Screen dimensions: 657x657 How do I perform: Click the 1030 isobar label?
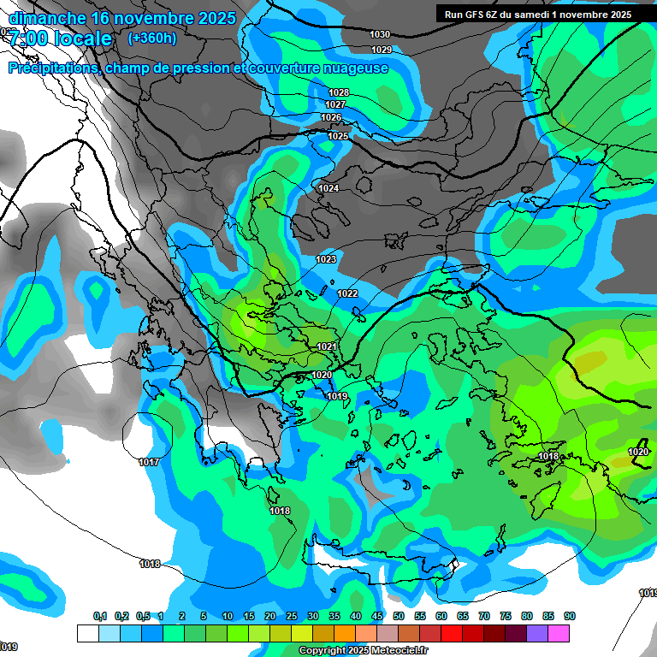[380, 34]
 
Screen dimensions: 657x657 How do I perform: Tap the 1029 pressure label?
[382, 50]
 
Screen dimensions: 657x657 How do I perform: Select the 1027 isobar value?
[335, 104]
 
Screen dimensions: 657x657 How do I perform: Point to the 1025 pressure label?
[338, 137]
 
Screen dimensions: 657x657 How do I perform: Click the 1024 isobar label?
[328, 188]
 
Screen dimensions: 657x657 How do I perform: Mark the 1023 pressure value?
[326, 259]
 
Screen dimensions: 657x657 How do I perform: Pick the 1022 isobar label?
[347, 293]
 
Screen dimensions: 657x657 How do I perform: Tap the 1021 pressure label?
[326, 346]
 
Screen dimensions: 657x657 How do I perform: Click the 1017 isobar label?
[149, 462]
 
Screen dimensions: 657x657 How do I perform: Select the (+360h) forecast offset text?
[151, 38]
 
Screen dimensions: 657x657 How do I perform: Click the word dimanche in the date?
[47, 18]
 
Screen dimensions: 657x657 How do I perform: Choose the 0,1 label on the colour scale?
[99, 617]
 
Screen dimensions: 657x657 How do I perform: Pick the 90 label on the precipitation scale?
[569, 617]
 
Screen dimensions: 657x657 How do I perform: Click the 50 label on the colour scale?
[399, 617]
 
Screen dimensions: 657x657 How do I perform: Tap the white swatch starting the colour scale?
[87, 633]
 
